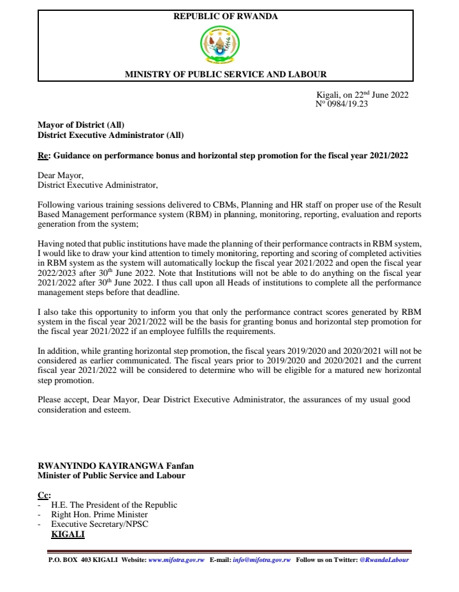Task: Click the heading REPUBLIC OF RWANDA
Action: [226, 17]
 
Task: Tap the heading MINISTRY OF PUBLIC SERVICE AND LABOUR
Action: [226, 75]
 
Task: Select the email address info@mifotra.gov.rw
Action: [262, 560]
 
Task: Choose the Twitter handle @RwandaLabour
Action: [384, 560]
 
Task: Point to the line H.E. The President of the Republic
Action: [114, 505]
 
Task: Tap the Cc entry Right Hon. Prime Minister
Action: [99, 514]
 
